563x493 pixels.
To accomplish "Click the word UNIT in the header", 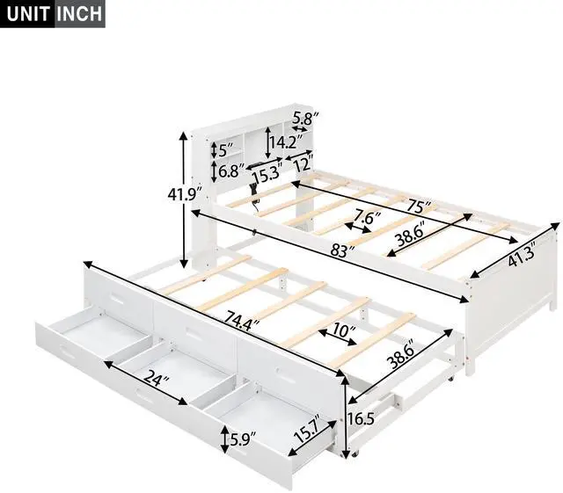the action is pos(28,15).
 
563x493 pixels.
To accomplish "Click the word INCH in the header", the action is pos(80,15).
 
